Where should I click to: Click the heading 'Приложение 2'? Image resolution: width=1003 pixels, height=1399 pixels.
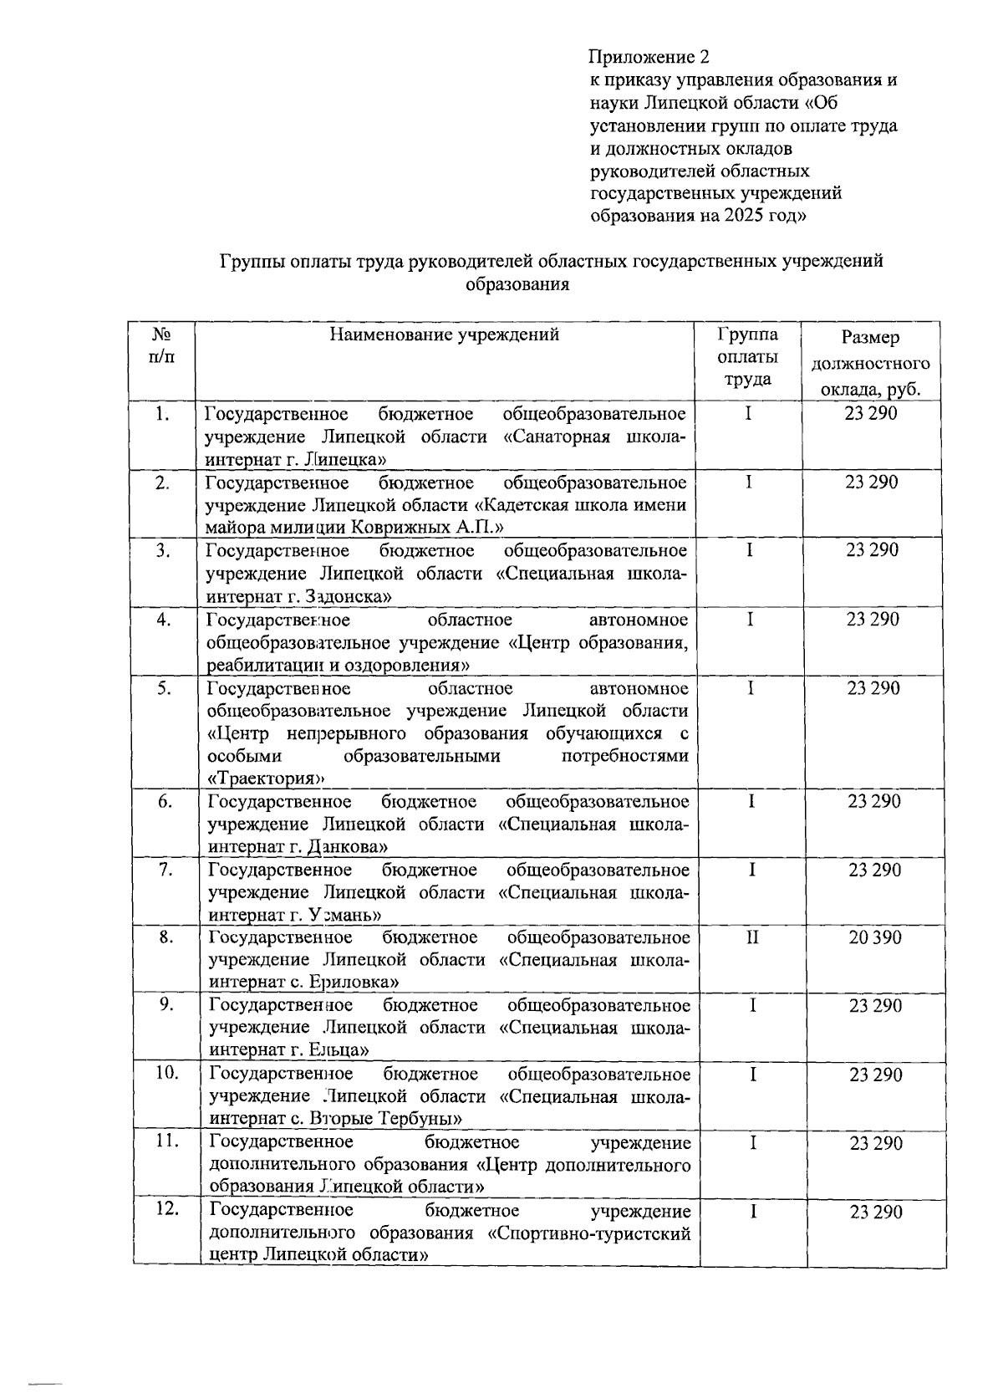coord(649,58)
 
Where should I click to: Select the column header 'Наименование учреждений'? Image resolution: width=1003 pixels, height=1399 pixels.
coord(444,336)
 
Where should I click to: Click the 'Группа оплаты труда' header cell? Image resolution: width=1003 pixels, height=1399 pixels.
coord(747,357)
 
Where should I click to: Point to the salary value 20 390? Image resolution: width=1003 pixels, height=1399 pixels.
coord(875,938)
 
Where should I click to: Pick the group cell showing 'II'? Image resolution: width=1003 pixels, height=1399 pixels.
coord(752,938)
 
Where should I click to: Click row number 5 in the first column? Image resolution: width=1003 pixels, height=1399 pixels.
coord(165,687)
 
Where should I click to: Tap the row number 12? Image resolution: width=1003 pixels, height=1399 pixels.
coord(166,1210)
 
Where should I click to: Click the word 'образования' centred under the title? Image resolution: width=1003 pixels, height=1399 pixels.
coord(517,284)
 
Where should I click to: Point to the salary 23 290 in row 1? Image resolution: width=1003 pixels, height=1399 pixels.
coord(871,414)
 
